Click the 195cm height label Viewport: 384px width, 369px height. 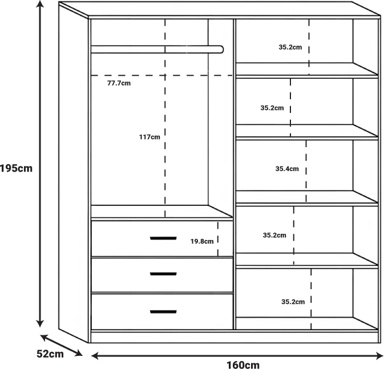click(x=16, y=168)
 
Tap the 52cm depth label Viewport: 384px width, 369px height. click(x=50, y=354)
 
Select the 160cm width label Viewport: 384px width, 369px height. click(x=243, y=364)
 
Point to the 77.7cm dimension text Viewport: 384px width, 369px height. click(x=119, y=83)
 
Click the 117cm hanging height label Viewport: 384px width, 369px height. click(x=149, y=137)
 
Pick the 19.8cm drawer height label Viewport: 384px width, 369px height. click(x=202, y=241)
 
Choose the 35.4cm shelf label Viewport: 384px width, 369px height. click(x=287, y=169)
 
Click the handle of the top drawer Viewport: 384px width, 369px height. click(x=163, y=238)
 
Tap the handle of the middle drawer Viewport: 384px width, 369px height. click(x=163, y=274)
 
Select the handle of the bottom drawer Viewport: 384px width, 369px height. click(x=163, y=312)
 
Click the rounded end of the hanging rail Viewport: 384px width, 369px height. click(x=221, y=49)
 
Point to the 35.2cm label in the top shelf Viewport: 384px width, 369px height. click(x=290, y=47)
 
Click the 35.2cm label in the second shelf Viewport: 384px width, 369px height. click(x=272, y=108)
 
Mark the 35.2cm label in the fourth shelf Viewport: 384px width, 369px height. click(x=274, y=235)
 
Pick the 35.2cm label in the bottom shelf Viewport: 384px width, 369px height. click(x=293, y=302)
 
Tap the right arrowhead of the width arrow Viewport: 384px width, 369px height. click(x=379, y=356)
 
